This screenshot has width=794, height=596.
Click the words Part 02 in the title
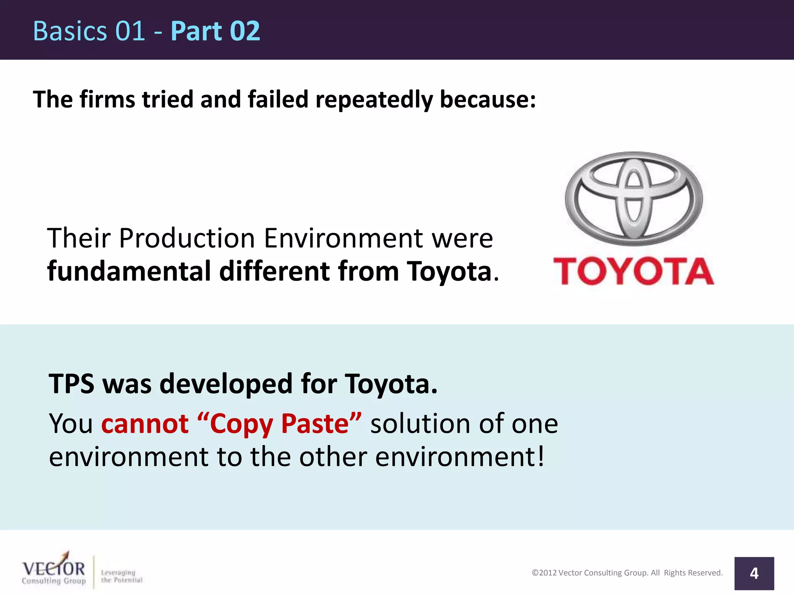tap(215, 31)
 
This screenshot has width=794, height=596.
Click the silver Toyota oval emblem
tap(633, 198)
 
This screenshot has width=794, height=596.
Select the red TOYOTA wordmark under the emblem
tap(633, 271)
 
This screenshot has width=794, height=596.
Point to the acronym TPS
tap(71, 383)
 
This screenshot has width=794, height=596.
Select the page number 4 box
tap(754, 573)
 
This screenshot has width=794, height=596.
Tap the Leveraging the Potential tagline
tap(121, 576)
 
